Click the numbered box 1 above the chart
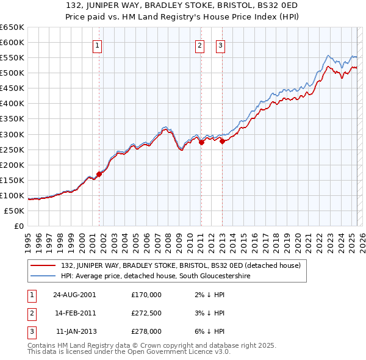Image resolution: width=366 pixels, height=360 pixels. coord(98,45)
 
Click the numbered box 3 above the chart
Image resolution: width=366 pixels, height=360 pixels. coord(220,45)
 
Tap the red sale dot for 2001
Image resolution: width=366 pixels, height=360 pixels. coord(99,174)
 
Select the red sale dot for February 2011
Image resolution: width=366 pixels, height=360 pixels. coord(201,142)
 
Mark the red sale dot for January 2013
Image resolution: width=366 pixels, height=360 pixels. coord(222,141)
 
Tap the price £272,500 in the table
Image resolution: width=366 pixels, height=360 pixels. coord(146,313)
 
